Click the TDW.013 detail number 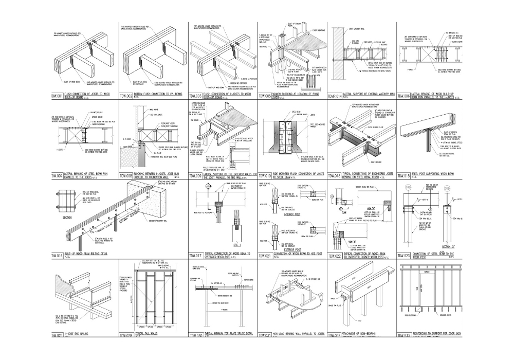coord(335,175)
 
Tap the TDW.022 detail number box coord(335,256)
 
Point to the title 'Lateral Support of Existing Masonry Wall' coord(368,95)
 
